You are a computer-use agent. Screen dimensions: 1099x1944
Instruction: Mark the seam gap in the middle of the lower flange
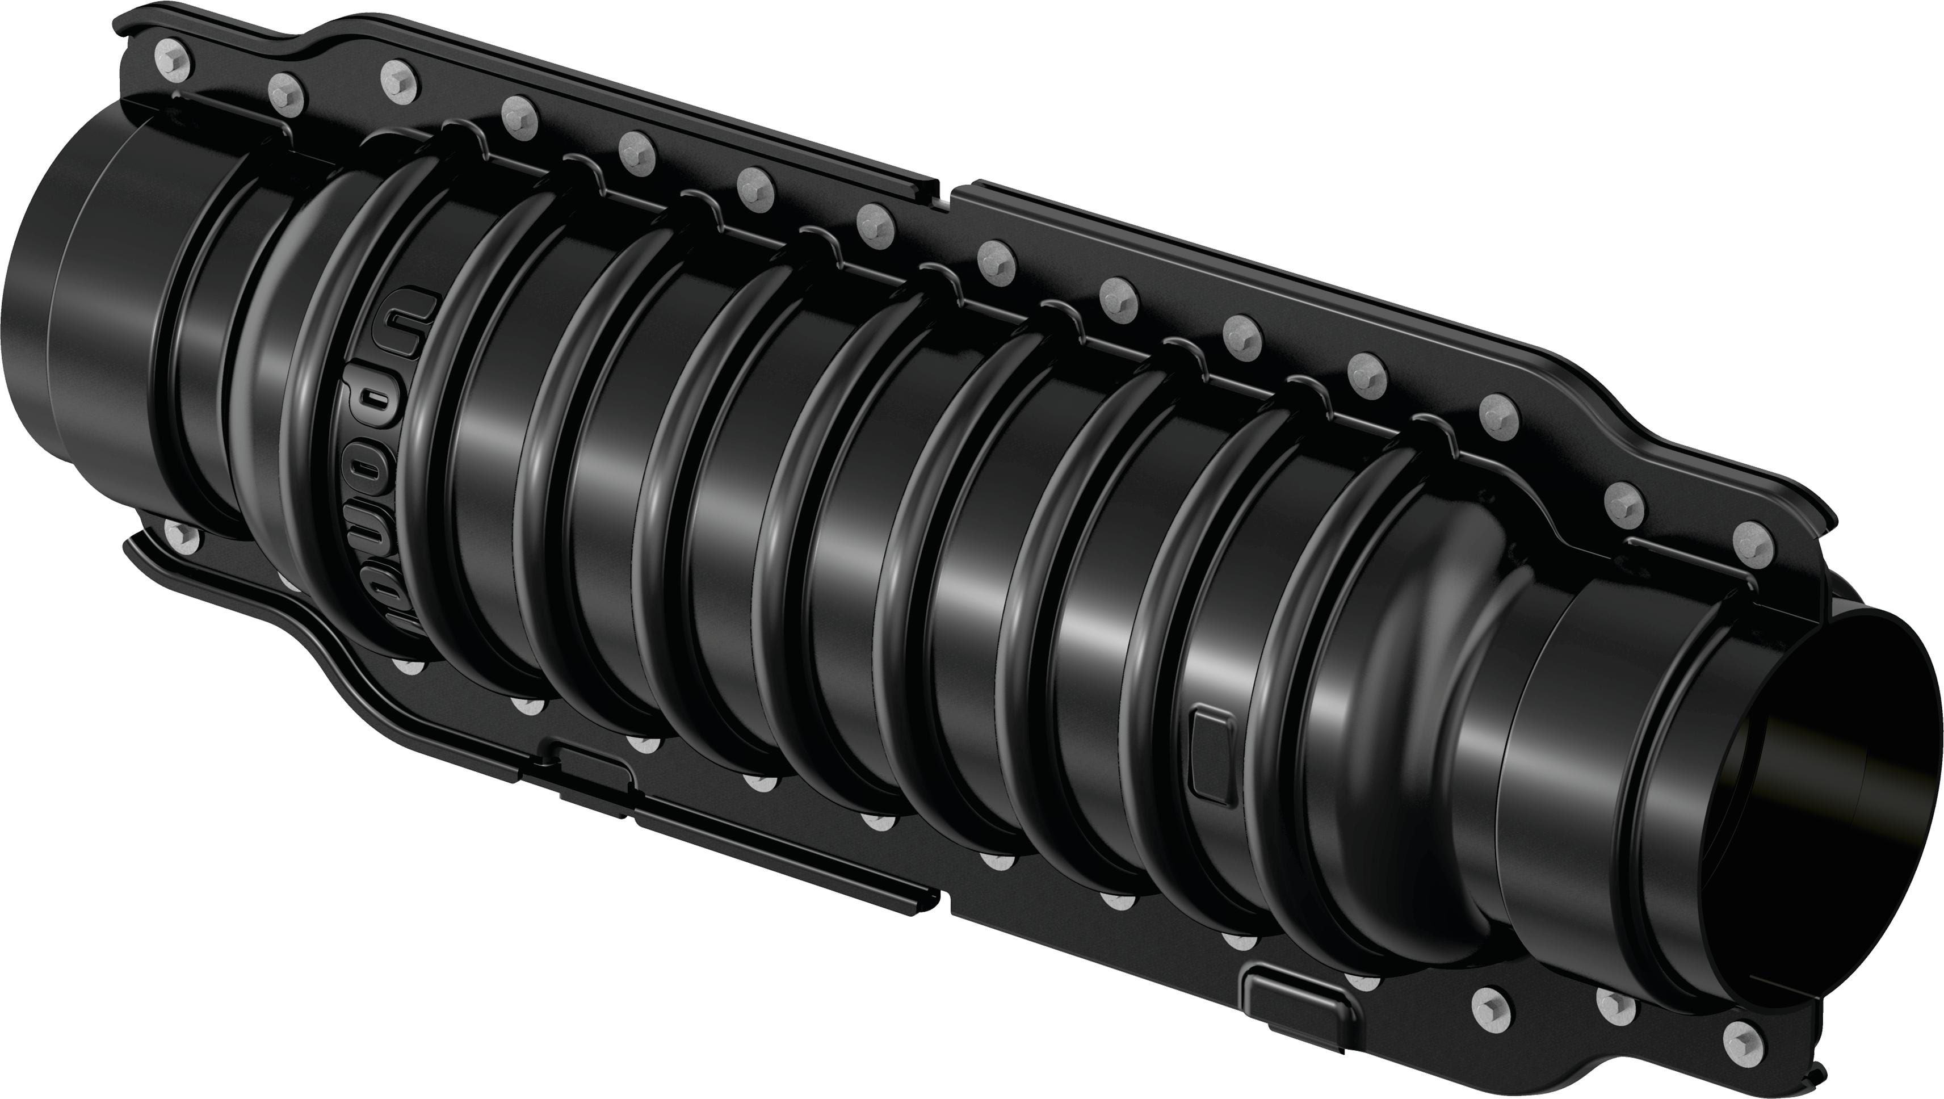pyautogui.click(x=945, y=898)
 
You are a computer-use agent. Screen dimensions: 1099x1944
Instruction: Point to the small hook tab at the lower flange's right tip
pyautogui.click(x=1811, y=1084)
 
